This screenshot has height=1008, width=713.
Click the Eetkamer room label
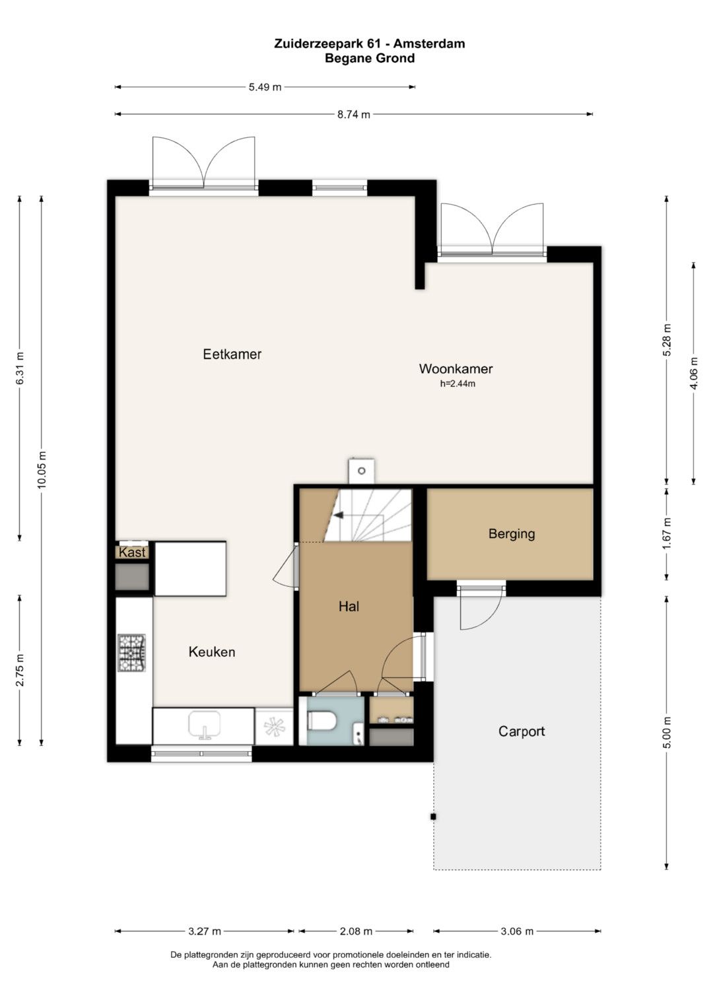pyautogui.click(x=232, y=354)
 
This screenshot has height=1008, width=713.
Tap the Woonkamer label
pyautogui.click(x=456, y=368)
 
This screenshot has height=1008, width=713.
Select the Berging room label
pyautogui.click(x=512, y=533)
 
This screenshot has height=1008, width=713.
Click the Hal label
pyautogui.click(x=349, y=606)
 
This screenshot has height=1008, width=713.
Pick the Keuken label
pyautogui.click(x=211, y=652)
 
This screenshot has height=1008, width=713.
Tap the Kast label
pyautogui.click(x=132, y=552)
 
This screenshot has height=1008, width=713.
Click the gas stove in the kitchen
pyautogui.click(x=132, y=652)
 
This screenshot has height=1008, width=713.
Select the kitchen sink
pyautogui.click(x=205, y=725)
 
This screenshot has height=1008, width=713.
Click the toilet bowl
pyautogui.click(x=322, y=721)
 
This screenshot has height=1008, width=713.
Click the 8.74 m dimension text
pyautogui.click(x=354, y=114)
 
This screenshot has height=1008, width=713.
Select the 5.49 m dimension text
pyautogui.click(x=265, y=87)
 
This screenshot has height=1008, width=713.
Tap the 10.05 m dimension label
pyautogui.click(x=42, y=469)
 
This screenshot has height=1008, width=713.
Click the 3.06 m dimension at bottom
pyautogui.click(x=517, y=931)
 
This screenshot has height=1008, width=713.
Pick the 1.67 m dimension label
pyautogui.click(x=667, y=533)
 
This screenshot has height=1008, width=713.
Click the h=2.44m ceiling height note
pyautogui.click(x=458, y=384)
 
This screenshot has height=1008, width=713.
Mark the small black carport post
pyautogui.click(x=433, y=817)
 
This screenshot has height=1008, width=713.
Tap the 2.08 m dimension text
pyautogui.click(x=356, y=931)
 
